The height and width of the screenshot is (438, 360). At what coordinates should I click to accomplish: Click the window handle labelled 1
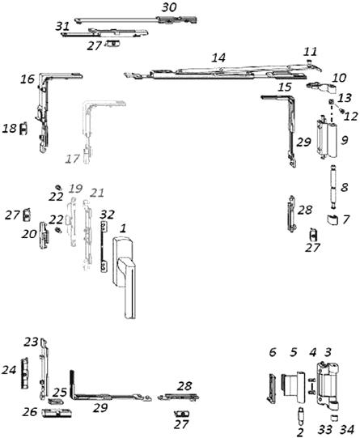point(125,277)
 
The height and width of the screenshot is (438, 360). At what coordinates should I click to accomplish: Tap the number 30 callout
point(169,7)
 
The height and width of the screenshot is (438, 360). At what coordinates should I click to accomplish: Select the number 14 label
point(218,57)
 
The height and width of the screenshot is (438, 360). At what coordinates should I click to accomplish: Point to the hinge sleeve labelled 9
point(327,138)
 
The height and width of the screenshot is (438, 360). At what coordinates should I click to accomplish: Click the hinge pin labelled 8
point(334,186)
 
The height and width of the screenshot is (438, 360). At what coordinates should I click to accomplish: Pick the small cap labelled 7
point(332,220)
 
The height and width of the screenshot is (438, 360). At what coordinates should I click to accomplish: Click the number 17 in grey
point(72,159)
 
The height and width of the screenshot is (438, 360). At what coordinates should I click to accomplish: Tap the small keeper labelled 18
point(23,129)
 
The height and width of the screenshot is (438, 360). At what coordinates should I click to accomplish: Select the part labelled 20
point(44,235)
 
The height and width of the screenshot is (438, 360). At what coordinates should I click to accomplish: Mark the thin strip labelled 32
point(104,246)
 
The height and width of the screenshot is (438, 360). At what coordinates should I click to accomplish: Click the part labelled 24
point(25,372)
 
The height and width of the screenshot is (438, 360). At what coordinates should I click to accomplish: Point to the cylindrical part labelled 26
point(57,413)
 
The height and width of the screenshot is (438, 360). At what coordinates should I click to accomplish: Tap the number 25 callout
point(60,392)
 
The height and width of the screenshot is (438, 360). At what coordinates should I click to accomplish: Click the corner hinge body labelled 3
point(328,386)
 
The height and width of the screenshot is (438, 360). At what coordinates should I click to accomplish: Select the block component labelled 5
point(293,386)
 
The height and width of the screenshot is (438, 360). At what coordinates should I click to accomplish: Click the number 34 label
point(347,429)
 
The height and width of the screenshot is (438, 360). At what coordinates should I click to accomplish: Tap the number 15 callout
point(285,87)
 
